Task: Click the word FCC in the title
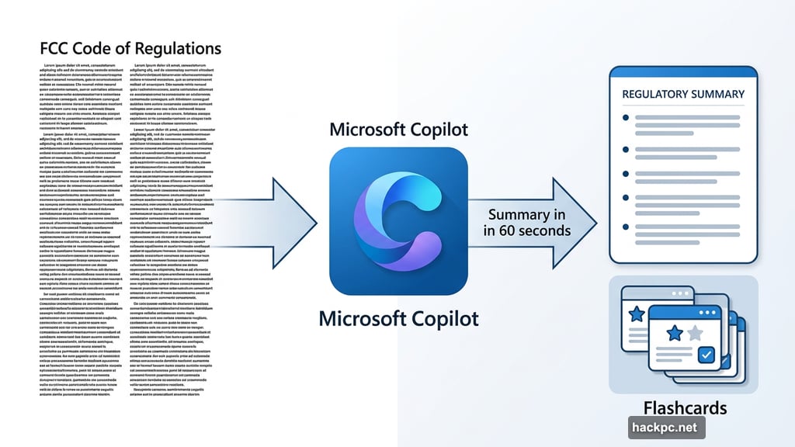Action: pyautogui.click(x=56, y=48)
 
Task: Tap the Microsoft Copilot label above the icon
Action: pyautogui.click(x=398, y=129)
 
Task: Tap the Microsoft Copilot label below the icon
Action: pyautogui.click(x=399, y=318)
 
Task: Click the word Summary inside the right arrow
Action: pyautogui.click(x=517, y=214)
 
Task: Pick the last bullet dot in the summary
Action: pyautogui.click(x=626, y=228)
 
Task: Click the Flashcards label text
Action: pyautogui.click(x=685, y=408)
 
